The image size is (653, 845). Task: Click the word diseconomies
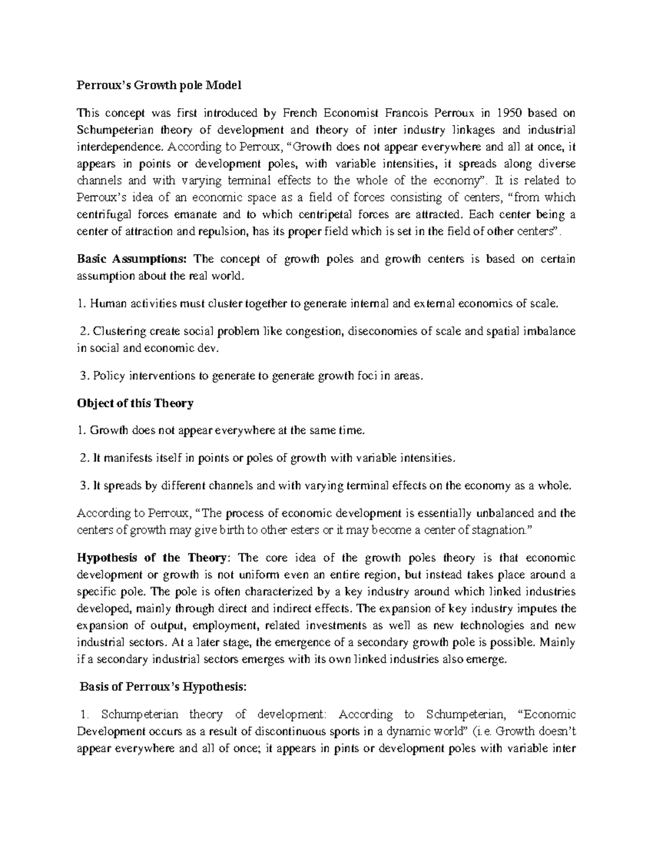tap(381, 331)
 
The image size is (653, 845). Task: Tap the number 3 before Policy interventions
tap(83, 375)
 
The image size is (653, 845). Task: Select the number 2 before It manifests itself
tap(83, 458)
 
